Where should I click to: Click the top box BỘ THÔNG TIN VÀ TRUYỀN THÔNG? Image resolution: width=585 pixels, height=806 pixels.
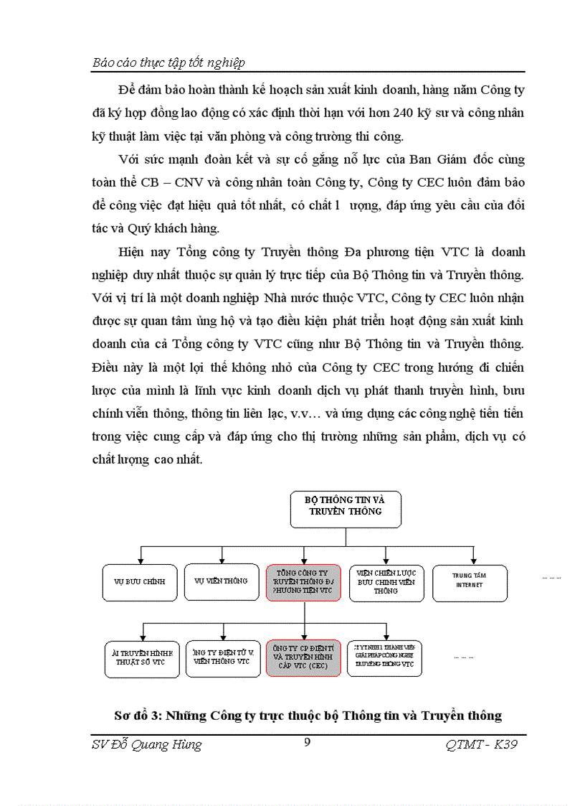tap(346, 510)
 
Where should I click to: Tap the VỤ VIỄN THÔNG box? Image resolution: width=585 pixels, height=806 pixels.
tap(222, 581)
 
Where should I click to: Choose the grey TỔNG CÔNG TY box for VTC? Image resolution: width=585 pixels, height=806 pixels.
tap(303, 581)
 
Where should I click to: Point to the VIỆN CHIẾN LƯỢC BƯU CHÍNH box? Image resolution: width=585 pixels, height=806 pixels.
tap(386, 581)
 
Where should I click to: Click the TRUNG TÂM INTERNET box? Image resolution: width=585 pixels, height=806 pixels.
tap(470, 581)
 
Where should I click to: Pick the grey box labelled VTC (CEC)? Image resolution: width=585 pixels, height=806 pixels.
tap(303, 657)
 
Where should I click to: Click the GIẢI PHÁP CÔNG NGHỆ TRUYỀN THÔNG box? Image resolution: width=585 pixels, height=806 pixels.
tap(385, 657)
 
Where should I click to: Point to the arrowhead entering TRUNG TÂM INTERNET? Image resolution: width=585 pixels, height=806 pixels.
tap(473, 561)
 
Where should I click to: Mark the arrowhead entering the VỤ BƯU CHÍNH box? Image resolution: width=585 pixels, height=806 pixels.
tap(141, 560)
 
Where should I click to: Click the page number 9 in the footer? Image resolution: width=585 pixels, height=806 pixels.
tap(307, 743)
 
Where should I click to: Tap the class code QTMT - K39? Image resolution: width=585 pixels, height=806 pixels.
tap(481, 744)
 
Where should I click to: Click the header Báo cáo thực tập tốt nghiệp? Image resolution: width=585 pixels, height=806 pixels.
tap(169, 62)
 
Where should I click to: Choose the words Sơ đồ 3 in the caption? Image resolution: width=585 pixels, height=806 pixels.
tap(143, 716)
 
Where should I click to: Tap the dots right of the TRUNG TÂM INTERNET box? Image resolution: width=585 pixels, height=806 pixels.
tap(551, 577)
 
